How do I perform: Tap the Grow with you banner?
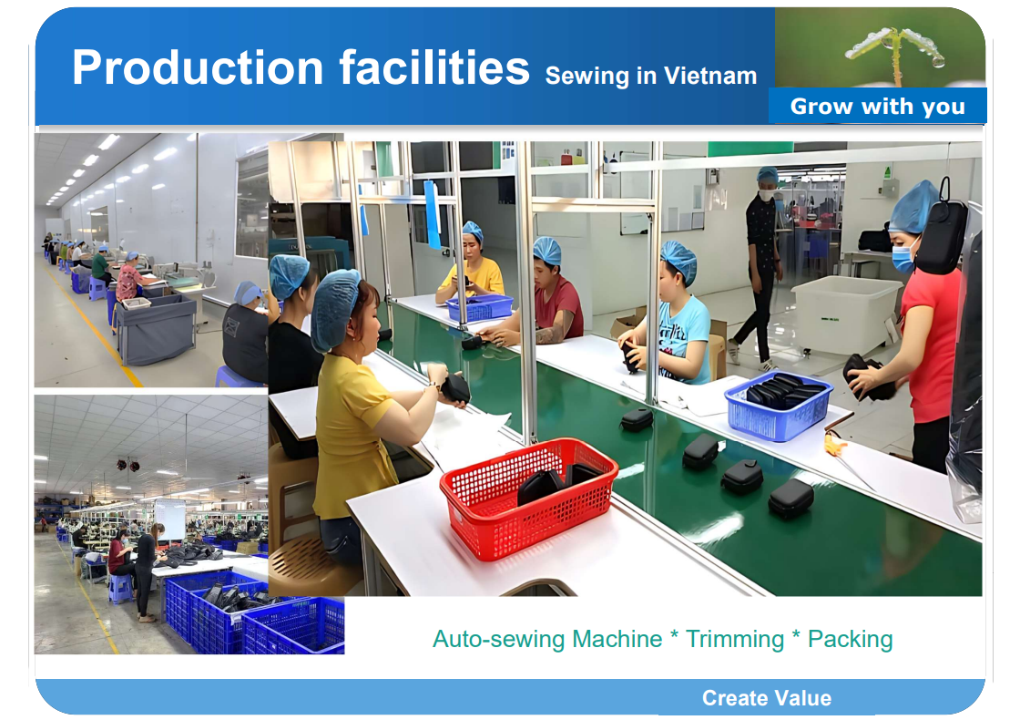coord(877,107)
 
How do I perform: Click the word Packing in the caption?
coord(850,639)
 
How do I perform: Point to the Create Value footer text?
coord(766,698)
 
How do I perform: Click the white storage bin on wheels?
coord(846,314)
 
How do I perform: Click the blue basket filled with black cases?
coord(778,404)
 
